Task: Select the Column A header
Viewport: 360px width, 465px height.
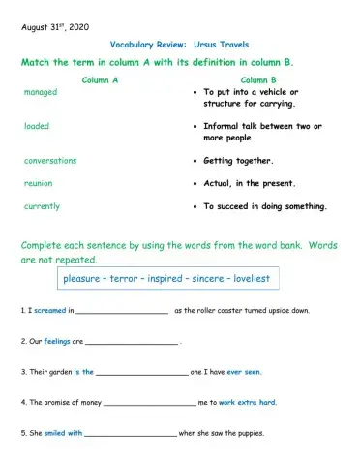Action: (101, 79)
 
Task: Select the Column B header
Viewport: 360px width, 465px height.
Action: (258, 79)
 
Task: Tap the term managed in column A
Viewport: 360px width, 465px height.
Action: (41, 92)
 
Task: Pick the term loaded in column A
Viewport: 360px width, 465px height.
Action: (37, 126)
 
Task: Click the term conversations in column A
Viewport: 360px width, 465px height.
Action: (50, 161)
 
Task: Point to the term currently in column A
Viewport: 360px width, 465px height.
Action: (42, 206)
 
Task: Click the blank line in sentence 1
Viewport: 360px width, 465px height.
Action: (121, 312)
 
